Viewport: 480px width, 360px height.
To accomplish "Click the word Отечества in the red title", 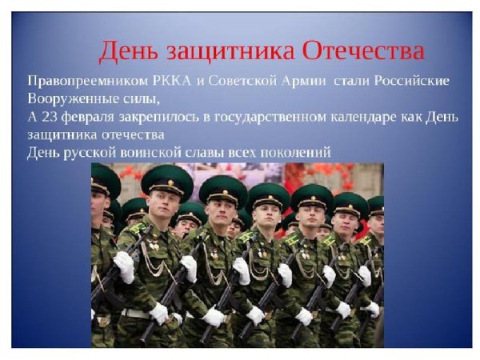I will (x=364, y=53).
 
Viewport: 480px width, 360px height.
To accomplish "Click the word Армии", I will (x=296, y=82).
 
